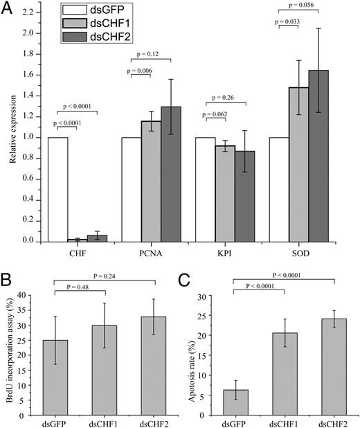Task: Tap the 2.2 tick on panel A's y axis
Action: point(32,12)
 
